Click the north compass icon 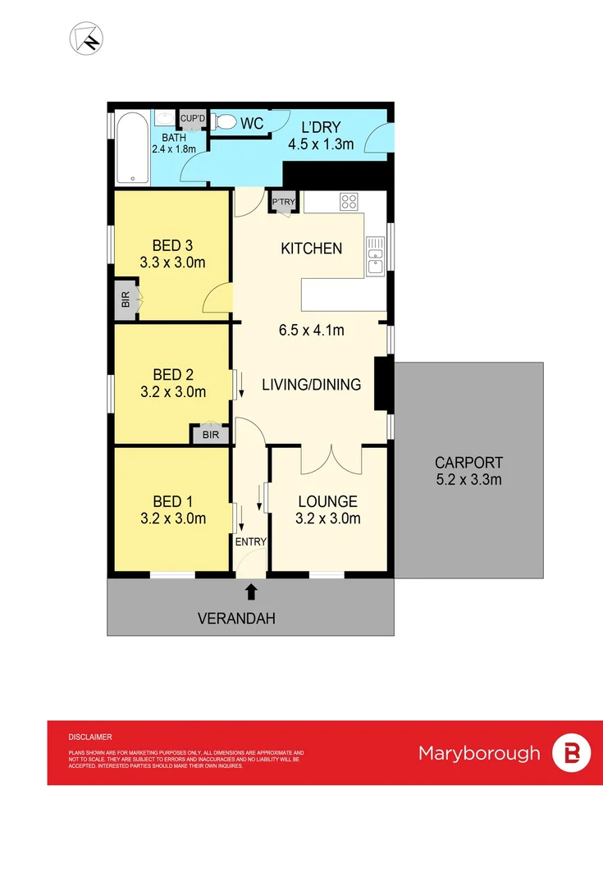pos(87,38)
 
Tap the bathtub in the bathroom pos(132,148)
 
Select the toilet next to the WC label pos(224,123)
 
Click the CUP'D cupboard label pos(193,117)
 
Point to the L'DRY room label pos(320,127)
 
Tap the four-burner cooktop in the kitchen pos(349,202)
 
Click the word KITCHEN pos(311,248)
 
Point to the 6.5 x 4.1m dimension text pos(311,331)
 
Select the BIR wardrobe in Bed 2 pos(211,435)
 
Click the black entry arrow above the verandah pos(251,591)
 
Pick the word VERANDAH pos(236,619)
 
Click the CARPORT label pos(468,463)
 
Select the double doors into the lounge pos(331,459)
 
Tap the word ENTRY pos(251,542)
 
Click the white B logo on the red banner pos(571,753)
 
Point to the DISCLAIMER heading pos(90,738)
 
